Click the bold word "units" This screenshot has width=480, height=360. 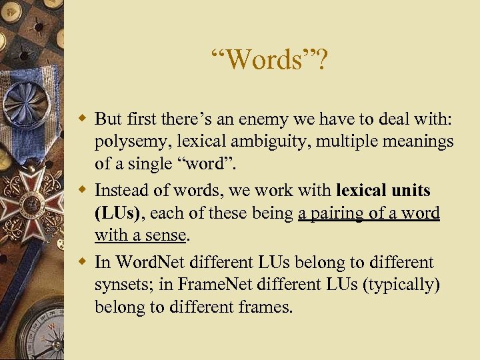coord(411,190)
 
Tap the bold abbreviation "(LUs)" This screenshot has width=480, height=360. coord(117,213)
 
